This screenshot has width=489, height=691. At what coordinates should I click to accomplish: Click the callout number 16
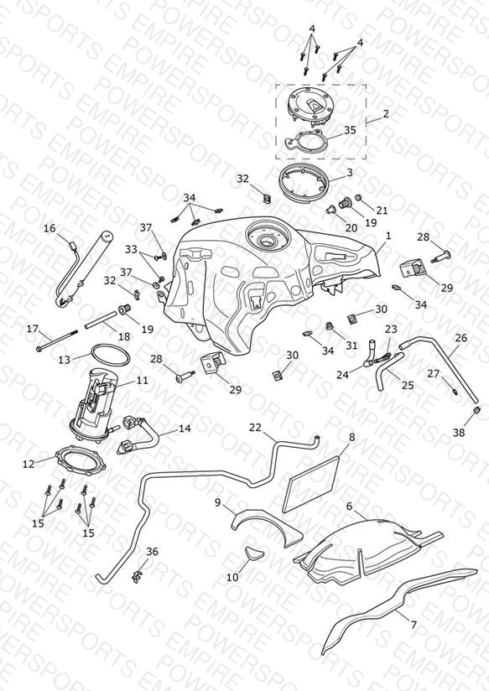49,228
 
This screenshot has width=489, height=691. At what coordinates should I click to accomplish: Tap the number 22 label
255,428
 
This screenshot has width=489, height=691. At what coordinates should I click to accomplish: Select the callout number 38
459,433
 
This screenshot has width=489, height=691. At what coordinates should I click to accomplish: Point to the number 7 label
414,625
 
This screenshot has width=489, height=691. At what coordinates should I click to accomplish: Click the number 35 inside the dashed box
350,130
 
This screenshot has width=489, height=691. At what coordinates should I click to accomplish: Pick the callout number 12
29,464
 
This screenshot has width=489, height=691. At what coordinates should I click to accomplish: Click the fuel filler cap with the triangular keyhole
310,108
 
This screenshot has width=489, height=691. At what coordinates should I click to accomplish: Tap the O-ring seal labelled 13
110,355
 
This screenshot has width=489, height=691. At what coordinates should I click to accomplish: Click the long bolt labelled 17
58,340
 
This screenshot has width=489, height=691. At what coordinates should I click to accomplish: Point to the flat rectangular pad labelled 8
311,484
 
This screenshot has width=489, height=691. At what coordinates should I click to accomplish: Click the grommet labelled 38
476,411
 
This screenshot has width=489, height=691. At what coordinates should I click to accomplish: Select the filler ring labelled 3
304,181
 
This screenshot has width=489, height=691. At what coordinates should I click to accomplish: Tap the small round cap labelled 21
358,197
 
